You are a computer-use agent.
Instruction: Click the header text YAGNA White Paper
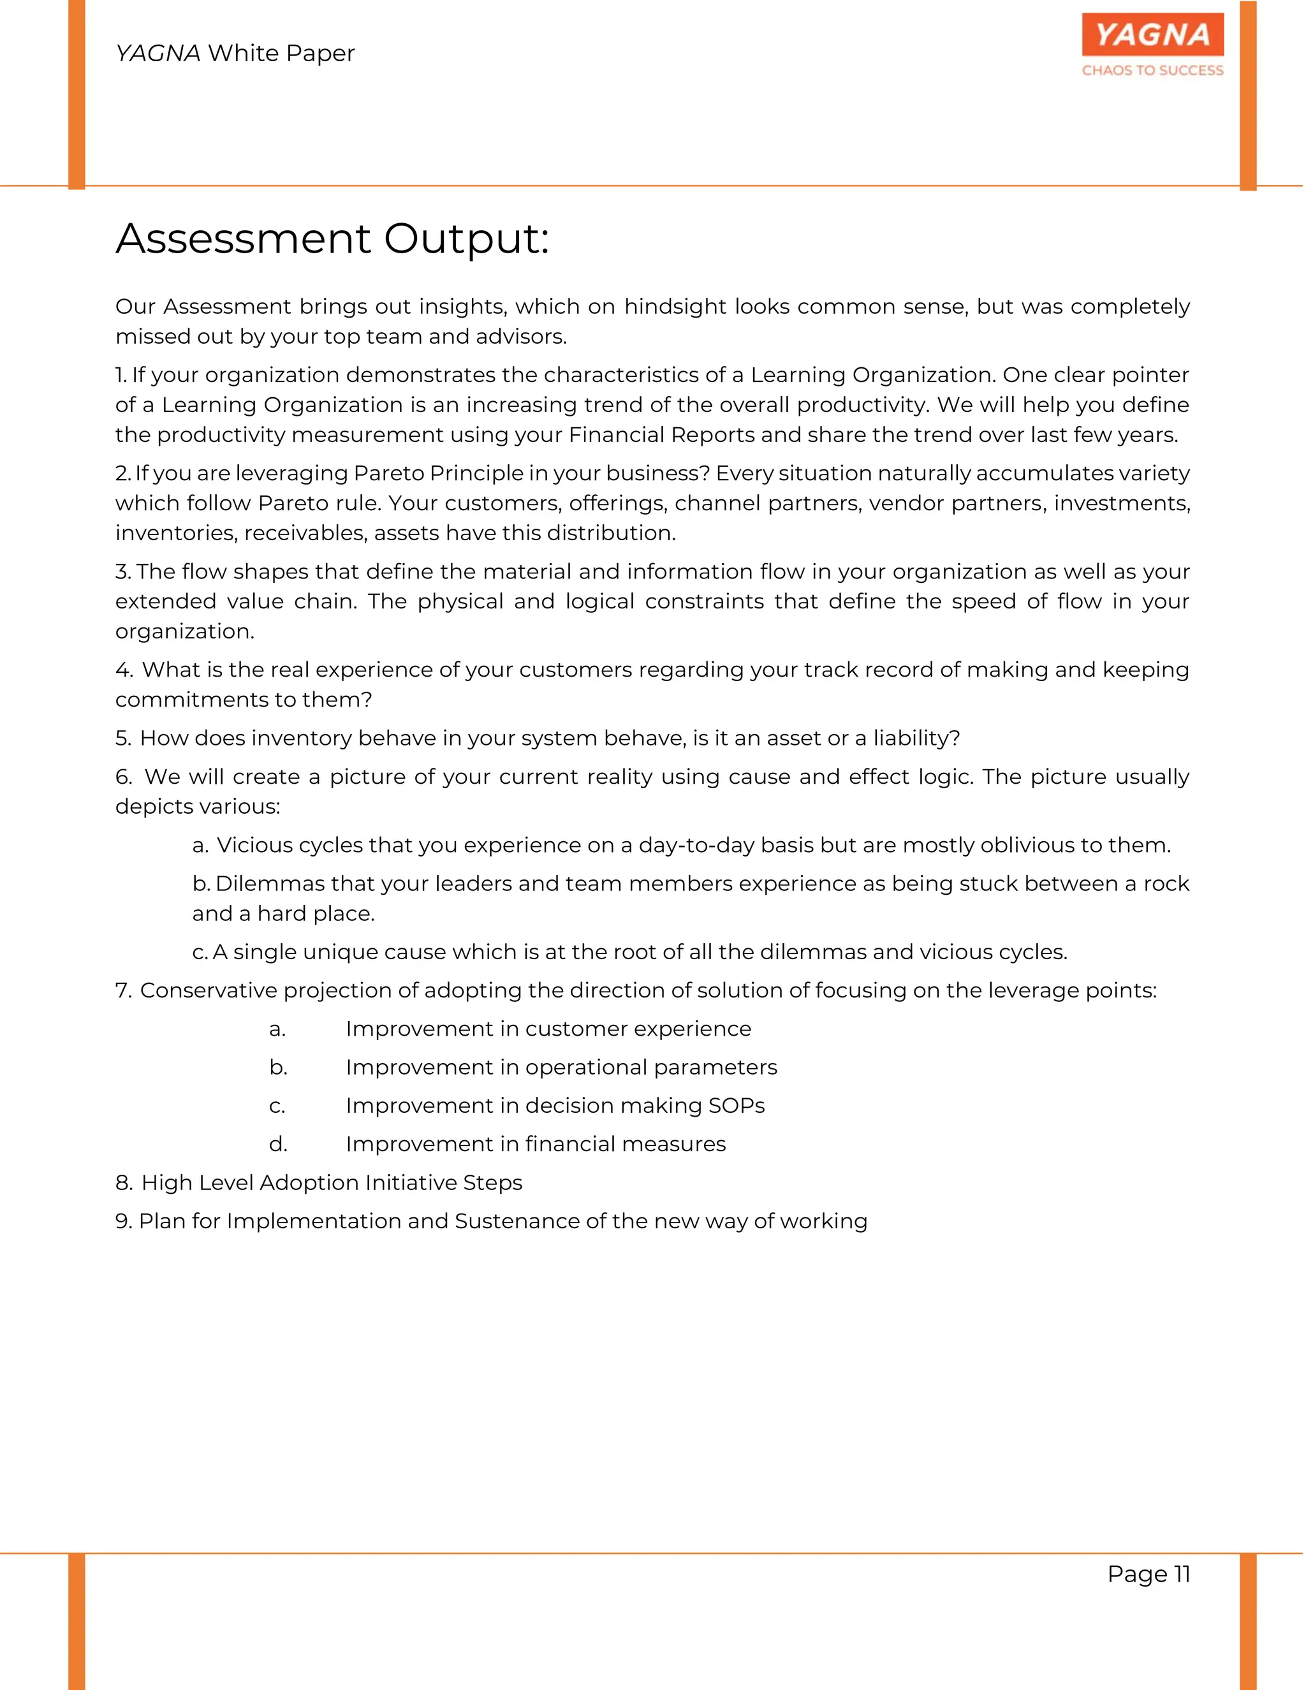(235, 54)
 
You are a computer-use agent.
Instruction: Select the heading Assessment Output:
(333, 239)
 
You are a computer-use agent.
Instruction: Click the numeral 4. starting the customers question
(124, 670)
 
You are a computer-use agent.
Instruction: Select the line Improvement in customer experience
(548, 1029)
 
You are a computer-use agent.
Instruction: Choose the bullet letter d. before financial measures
(279, 1145)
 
